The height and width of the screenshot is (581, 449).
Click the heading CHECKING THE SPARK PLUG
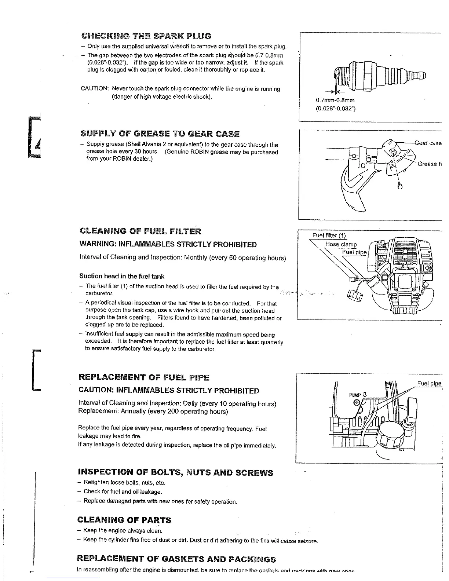click(x=146, y=36)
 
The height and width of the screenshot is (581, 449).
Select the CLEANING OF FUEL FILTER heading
click(x=140, y=231)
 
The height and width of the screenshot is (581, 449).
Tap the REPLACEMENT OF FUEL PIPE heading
click(x=144, y=377)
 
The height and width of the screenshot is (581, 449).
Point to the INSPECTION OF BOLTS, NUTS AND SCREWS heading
click(x=175, y=472)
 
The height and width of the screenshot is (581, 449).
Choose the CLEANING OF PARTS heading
click(x=124, y=520)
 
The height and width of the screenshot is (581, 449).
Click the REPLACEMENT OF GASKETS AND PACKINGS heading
click(x=176, y=559)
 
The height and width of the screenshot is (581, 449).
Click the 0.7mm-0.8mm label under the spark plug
click(x=335, y=100)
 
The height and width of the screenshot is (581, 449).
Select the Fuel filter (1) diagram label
click(x=329, y=235)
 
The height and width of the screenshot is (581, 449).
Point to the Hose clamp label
click(x=341, y=244)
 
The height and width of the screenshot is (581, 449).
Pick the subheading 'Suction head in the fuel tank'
click(x=122, y=276)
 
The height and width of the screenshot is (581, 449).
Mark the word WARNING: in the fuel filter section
click(x=97, y=245)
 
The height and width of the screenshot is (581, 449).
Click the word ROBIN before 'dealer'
click(x=114, y=159)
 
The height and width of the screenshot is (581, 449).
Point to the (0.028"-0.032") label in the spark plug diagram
click(x=335, y=109)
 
